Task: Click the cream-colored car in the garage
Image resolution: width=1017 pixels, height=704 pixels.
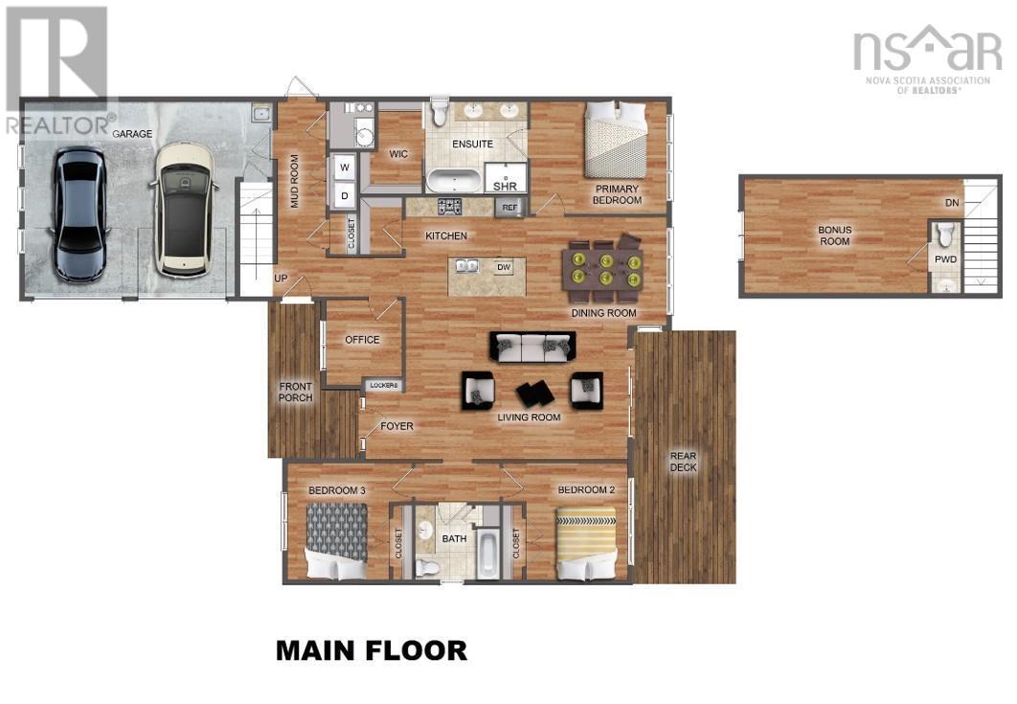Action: coord(184,209)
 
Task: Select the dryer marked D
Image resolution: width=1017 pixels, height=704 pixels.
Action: coord(344,196)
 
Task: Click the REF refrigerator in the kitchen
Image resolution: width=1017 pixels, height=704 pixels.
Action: coord(509,207)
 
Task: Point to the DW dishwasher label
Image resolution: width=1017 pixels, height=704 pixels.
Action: coord(503,267)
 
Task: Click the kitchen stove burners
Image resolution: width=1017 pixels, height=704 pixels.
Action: coord(450,206)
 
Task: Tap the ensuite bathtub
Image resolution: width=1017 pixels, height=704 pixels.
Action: coord(454,180)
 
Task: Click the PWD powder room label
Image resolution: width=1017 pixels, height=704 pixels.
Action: coord(945,259)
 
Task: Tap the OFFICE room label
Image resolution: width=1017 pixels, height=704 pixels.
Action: coord(362,340)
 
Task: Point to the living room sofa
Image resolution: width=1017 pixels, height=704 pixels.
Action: coord(532,347)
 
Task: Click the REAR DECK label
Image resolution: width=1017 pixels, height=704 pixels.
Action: coord(683,461)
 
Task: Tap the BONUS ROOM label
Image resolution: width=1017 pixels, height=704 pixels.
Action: coord(834,236)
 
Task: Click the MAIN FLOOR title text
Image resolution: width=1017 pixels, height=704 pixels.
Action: coord(372,650)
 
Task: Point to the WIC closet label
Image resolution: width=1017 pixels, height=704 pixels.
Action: coord(398,153)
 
